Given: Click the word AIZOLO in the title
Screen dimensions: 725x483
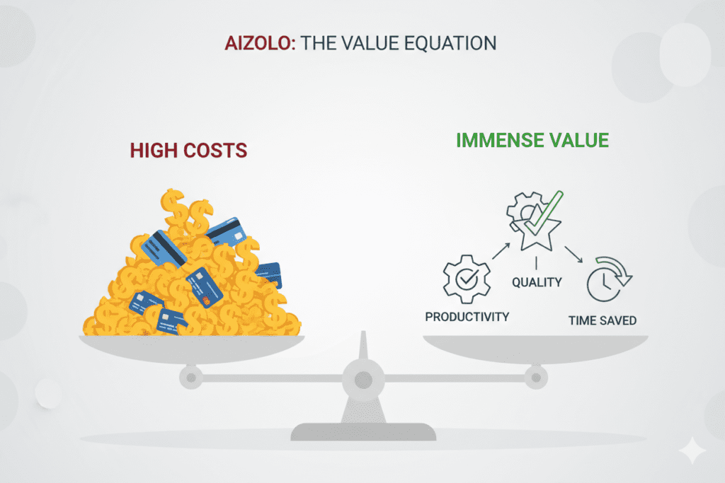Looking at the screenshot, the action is click(x=259, y=43).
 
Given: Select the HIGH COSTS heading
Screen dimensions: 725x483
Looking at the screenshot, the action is click(x=188, y=151).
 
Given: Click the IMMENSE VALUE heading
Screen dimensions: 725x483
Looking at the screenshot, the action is click(x=532, y=141).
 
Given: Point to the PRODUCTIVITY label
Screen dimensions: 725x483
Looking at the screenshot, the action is click(x=467, y=317).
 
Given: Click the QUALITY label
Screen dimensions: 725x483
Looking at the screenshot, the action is click(x=537, y=282).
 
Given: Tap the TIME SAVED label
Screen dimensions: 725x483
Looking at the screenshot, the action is click(x=603, y=320).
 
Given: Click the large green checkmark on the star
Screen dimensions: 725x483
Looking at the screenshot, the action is click(x=544, y=214).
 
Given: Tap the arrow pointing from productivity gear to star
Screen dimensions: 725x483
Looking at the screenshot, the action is click(x=501, y=251).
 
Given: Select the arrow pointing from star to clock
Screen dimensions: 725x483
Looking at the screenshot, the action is click(x=573, y=255).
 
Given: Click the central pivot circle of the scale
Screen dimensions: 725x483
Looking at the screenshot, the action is click(x=363, y=380).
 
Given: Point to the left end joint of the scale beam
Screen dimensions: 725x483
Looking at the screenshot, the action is click(x=191, y=378).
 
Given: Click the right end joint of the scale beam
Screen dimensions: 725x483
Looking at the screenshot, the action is click(x=536, y=378).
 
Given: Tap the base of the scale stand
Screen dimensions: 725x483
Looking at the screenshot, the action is click(x=363, y=432).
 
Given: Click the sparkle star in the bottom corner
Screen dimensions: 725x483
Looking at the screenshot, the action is click(x=692, y=450).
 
